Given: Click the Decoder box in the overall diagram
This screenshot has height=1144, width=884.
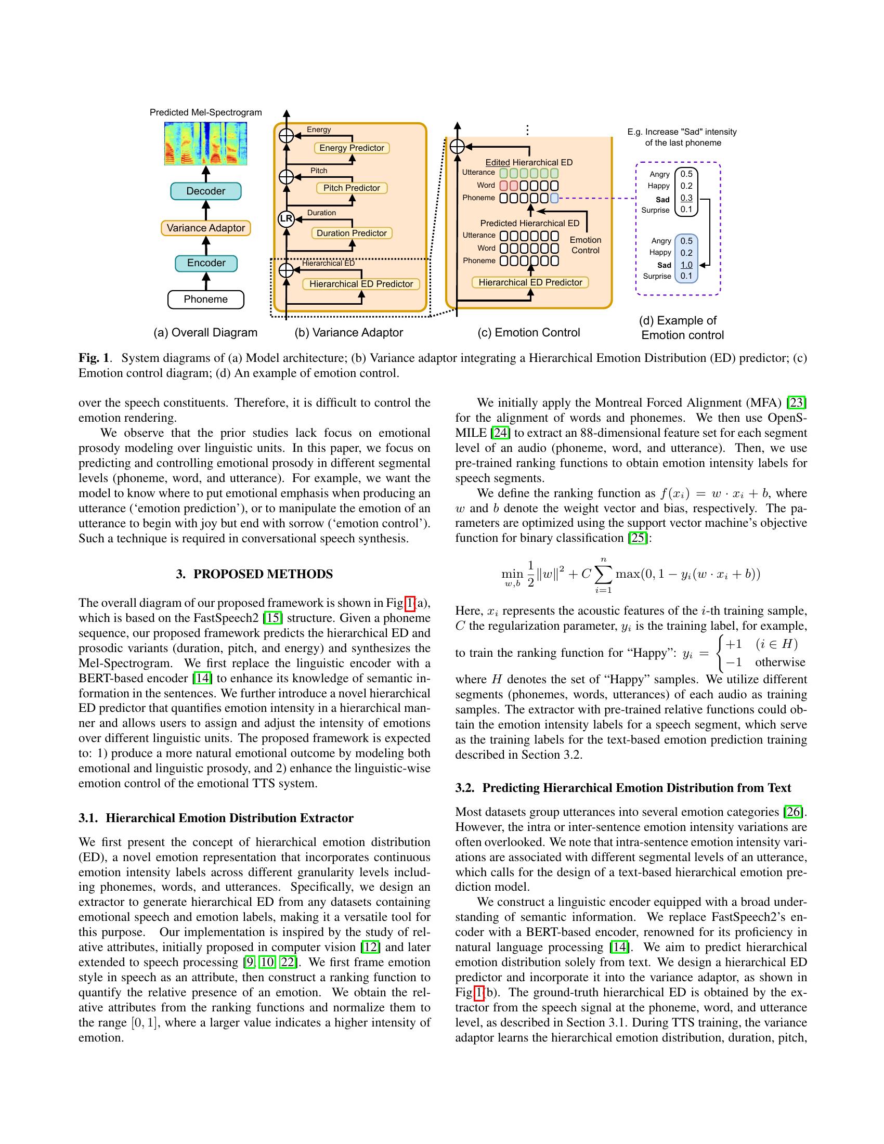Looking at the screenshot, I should point(206,191).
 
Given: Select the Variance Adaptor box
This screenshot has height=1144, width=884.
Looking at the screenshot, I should point(206,228).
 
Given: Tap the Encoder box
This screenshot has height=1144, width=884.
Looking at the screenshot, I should point(206,263).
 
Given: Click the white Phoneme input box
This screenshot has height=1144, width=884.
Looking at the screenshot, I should point(206,300).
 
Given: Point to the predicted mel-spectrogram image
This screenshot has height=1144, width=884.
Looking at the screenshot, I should point(206,144).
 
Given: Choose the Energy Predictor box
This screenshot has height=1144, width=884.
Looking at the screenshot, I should point(352,148).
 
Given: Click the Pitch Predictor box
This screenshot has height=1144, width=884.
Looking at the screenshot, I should point(352,188).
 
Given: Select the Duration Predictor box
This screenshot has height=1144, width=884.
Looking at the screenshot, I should point(352,233).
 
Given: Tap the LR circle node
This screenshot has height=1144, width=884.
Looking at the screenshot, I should point(286,219).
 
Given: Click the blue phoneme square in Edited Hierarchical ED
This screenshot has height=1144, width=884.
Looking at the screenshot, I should point(555,198).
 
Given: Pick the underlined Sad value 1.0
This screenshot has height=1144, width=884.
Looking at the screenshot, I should point(686,265).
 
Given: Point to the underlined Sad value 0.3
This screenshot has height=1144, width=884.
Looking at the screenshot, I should point(686,198).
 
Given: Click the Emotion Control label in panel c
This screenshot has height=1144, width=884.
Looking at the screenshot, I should point(586,245).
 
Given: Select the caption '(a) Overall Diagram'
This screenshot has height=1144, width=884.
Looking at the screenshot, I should point(205,333).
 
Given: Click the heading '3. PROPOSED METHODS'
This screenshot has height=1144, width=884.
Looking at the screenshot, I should point(254,574).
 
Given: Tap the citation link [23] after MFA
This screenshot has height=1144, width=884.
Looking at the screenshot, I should point(798,403).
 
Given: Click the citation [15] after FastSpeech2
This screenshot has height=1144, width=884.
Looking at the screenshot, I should point(272,618).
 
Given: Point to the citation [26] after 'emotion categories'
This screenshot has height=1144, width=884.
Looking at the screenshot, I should point(794,812).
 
